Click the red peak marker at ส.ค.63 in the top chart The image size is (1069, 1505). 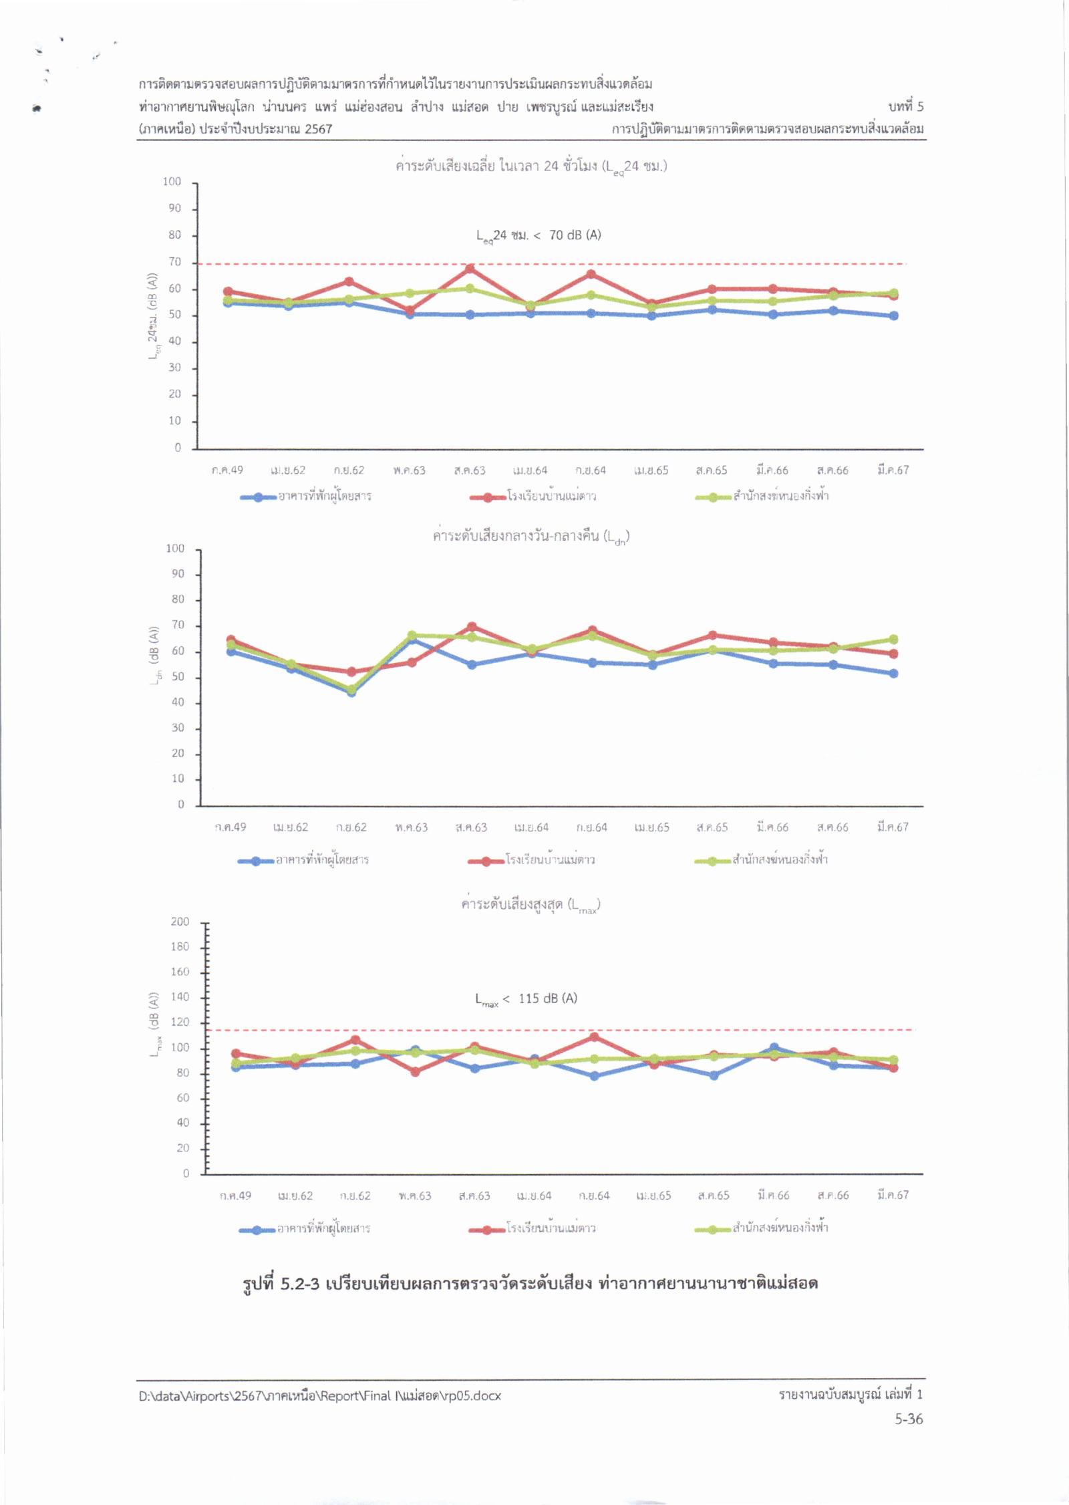coord(470,269)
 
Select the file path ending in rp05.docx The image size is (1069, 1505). coord(319,1395)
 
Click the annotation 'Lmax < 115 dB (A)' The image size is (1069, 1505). coord(526,999)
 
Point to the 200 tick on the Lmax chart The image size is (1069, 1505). coord(180,922)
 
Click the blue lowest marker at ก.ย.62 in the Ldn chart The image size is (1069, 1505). coord(351,692)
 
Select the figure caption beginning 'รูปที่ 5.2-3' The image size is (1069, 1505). coord(530,1283)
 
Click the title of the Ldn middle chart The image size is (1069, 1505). coord(530,537)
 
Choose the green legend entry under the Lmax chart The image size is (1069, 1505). coord(762,1228)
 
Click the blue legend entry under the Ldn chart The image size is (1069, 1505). coord(303,860)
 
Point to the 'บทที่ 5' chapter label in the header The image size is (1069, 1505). coord(906,107)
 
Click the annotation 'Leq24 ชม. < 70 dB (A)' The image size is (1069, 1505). coord(538,236)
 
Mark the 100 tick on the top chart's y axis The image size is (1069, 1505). coord(172,182)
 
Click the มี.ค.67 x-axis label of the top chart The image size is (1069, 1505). coord(893,470)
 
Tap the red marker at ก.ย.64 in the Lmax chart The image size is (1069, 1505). coord(594,1037)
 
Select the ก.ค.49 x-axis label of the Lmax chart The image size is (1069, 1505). coord(236,1196)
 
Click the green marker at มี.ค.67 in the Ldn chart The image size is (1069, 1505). coord(893,640)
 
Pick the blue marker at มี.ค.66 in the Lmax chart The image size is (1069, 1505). coord(774,1048)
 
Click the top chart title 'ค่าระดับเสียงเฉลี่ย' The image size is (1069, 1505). coord(531,166)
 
